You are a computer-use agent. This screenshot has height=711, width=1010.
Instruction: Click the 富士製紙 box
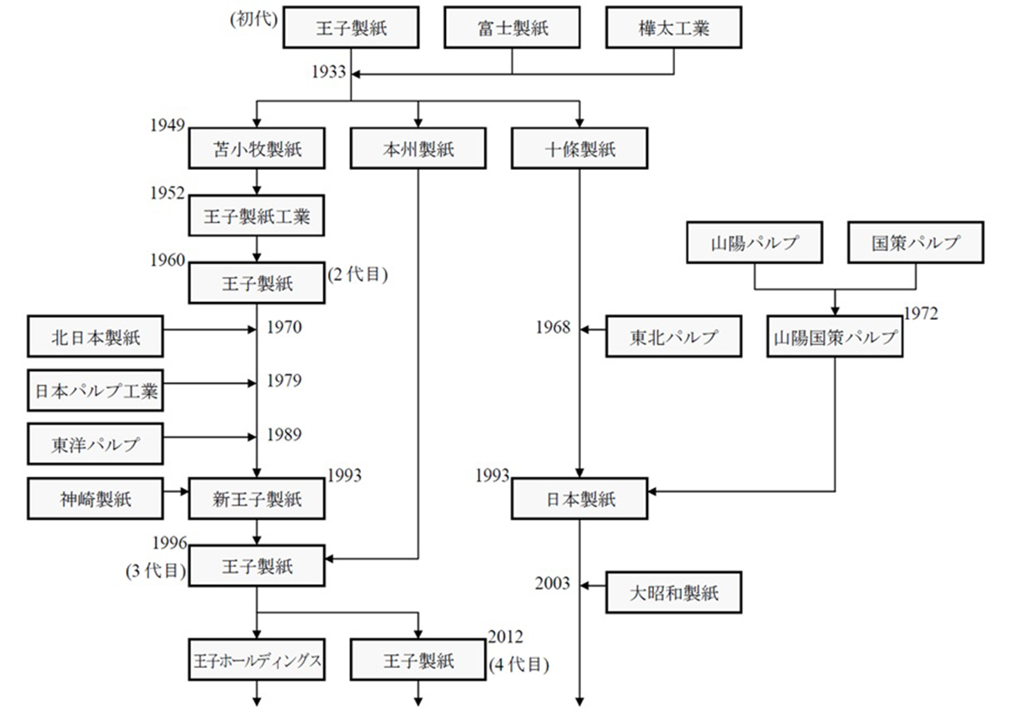click(513, 28)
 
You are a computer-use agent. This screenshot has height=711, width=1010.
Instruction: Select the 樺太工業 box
click(673, 28)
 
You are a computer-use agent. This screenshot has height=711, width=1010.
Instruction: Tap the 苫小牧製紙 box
click(257, 149)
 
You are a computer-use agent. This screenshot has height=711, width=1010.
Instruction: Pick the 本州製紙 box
click(418, 149)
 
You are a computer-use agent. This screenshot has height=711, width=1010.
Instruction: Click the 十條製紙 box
click(580, 149)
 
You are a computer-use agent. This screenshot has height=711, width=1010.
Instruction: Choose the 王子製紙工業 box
click(257, 217)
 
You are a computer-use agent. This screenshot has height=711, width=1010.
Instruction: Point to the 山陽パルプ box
click(754, 243)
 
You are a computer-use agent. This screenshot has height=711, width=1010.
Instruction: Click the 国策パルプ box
click(916, 243)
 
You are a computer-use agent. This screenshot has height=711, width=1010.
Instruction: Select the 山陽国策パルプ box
click(835, 337)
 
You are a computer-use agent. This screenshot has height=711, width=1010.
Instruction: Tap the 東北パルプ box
click(673, 337)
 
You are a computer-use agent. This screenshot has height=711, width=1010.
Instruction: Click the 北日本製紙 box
click(95, 337)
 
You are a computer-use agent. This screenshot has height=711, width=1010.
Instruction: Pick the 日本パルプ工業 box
click(95, 391)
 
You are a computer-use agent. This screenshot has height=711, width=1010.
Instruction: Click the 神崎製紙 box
click(95, 499)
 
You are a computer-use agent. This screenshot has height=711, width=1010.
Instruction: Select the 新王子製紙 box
click(257, 499)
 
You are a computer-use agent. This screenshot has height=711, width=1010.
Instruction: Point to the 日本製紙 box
click(580, 499)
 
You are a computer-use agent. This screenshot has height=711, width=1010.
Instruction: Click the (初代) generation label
click(253, 19)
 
